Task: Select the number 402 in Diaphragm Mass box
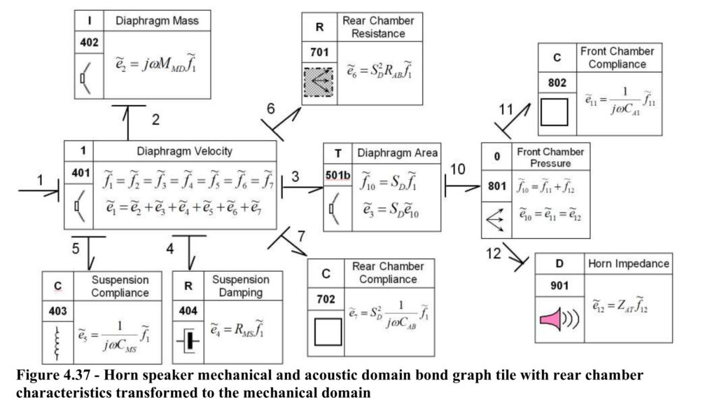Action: point(89,43)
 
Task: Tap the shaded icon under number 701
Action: point(319,82)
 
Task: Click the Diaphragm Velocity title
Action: point(185,151)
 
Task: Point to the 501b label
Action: point(338,175)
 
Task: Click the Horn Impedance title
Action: point(628,263)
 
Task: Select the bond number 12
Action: point(494,254)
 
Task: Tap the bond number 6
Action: point(271,109)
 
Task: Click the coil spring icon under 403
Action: point(57,343)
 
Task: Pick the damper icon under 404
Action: point(188,341)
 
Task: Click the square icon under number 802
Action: point(555,112)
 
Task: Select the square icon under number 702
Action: point(328,331)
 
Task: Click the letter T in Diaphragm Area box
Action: point(337,153)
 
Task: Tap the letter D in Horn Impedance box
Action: point(559,264)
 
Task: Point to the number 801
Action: point(497,186)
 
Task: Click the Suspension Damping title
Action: point(241,286)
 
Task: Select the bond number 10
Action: point(458,170)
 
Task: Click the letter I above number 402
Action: point(89,20)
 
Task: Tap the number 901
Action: point(559,286)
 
